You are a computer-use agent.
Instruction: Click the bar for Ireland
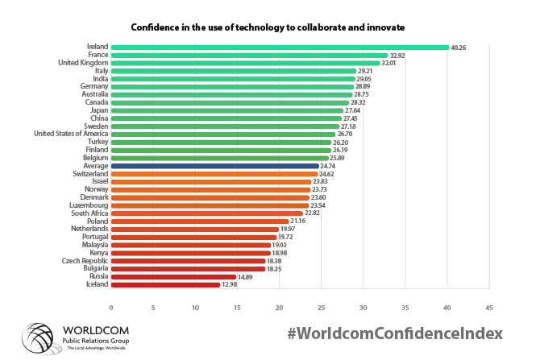point(280,48)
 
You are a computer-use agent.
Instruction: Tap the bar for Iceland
point(165,284)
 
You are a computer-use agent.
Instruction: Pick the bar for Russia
point(173,276)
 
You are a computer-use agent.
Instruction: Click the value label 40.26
point(459,48)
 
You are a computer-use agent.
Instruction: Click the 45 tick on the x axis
point(488,308)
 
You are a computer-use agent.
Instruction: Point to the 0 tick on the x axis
point(111,308)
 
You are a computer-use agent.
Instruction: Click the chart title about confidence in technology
point(268,27)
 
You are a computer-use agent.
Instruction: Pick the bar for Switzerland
point(214,174)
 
